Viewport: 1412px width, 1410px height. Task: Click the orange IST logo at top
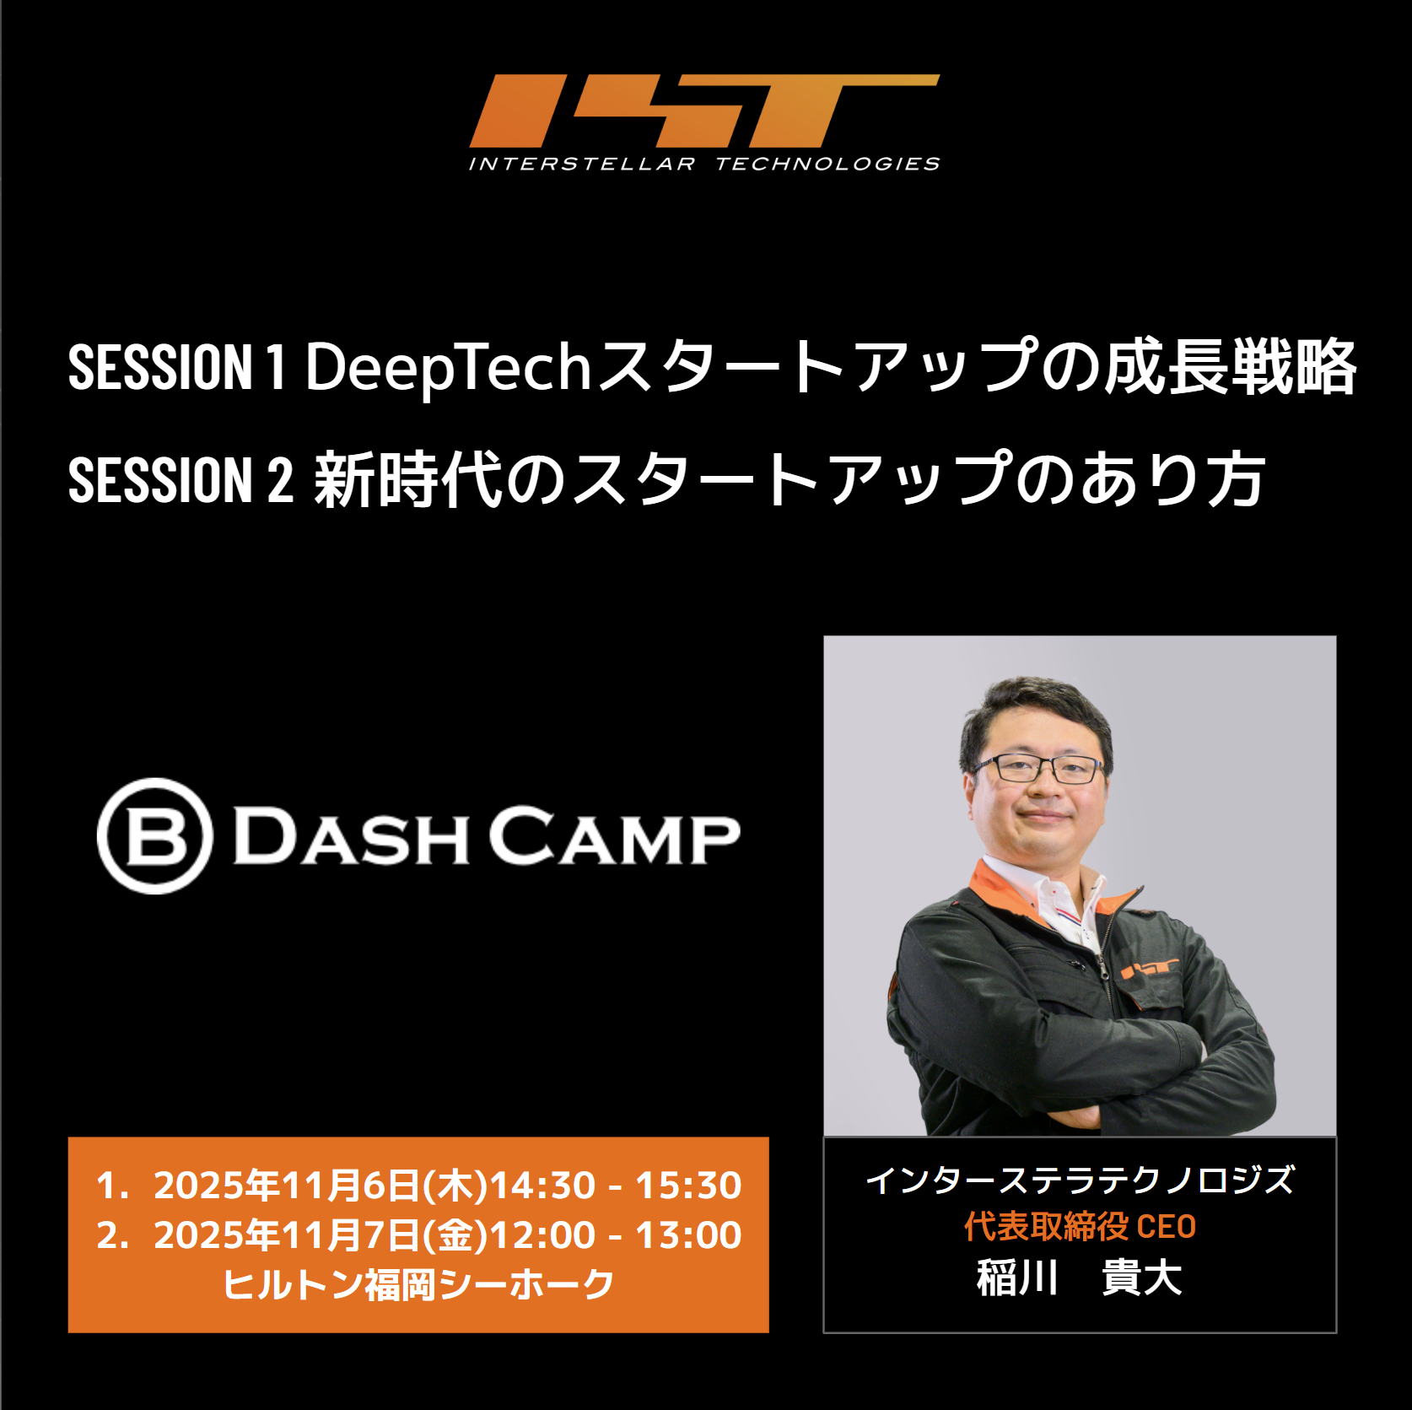[704, 111]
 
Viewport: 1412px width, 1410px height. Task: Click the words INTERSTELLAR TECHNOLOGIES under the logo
[704, 164]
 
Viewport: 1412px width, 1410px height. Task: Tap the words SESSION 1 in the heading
[177, 368]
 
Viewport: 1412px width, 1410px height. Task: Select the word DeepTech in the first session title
[448, 369]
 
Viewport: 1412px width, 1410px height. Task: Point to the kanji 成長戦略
[1231, 367]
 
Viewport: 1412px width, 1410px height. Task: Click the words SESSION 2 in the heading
[181, 480]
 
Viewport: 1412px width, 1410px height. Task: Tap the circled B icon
[155, 835]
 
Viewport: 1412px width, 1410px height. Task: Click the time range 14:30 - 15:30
[616, 1185]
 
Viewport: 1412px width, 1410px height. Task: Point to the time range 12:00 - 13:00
[616, 1234]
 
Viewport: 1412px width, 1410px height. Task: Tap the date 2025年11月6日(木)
[321, 1185]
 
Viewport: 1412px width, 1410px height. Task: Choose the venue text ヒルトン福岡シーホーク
[418, 1284]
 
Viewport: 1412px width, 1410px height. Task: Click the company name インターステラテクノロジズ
[1080, 1180]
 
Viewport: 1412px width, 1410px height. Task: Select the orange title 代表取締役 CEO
[1080, 1226]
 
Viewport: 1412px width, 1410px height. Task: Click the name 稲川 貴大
[1080, 1277]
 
